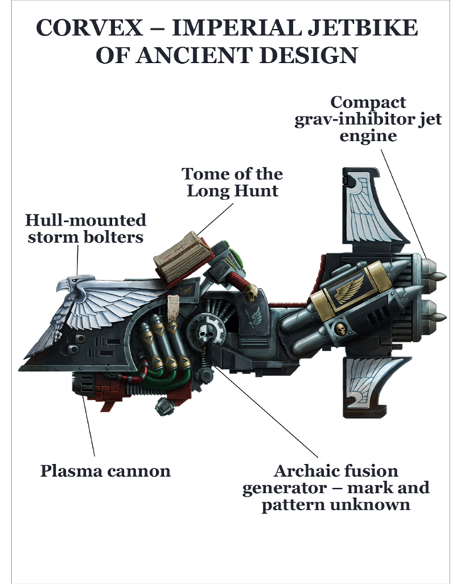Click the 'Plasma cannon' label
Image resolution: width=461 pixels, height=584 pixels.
[105, 470]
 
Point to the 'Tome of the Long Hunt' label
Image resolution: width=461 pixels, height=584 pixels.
[232, 182]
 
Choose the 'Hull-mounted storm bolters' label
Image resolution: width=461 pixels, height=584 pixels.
[86, 228]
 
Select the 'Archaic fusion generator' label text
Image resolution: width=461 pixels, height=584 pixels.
[335, 487]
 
